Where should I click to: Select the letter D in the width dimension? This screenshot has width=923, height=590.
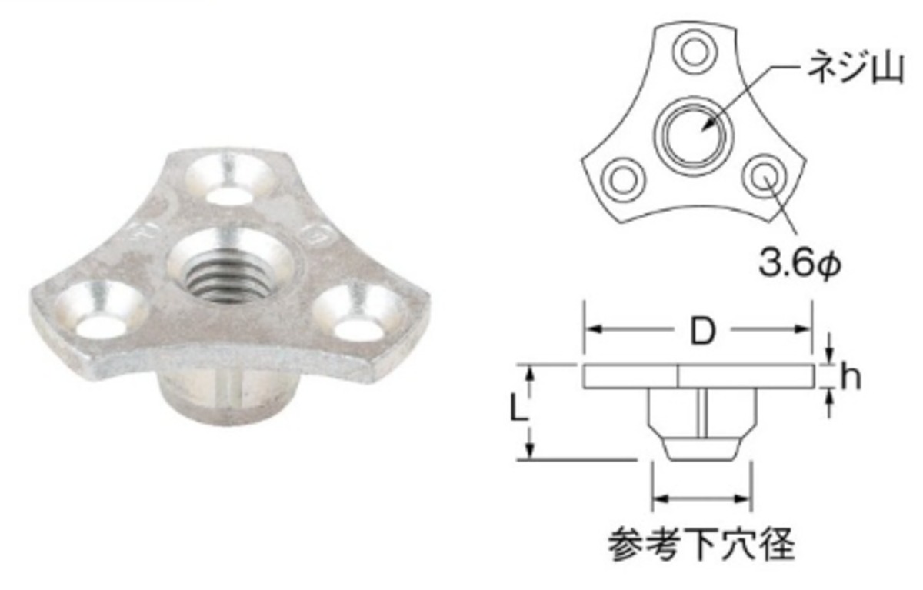pyautogui.click(x=702, y=332)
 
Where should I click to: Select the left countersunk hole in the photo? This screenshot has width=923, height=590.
pyautogui.click(x=103, y=307)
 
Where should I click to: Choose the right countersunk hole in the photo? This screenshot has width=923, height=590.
pyautogui.click(x=358, y=313)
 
